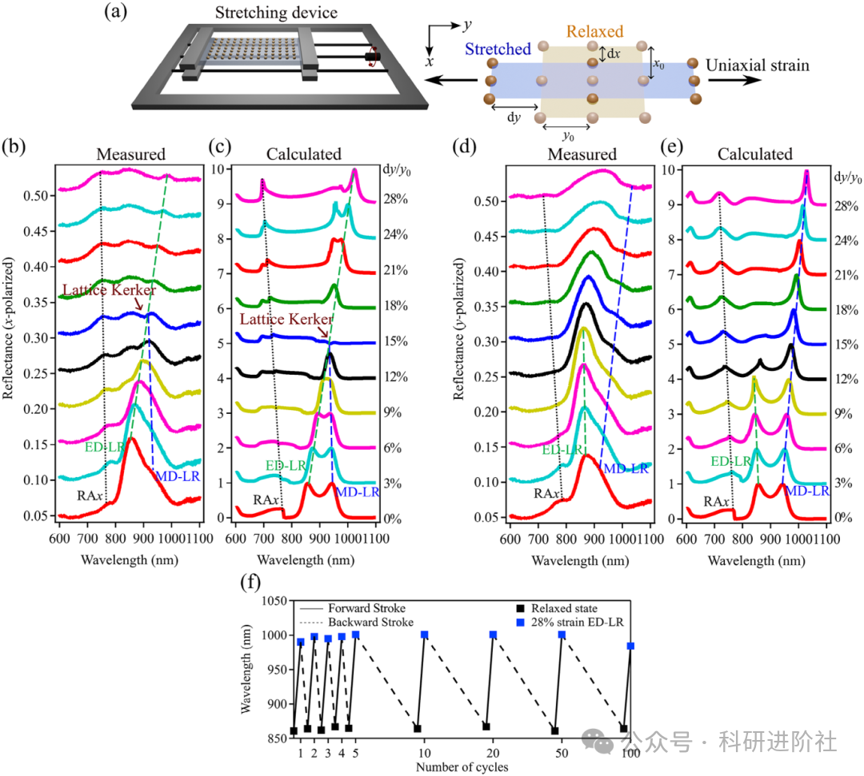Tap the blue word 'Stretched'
point(497,50)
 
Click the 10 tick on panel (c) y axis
point(218,169)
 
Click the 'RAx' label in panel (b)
point(89,495)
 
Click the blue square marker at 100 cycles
point(630,646)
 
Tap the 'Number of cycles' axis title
point(461,767)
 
